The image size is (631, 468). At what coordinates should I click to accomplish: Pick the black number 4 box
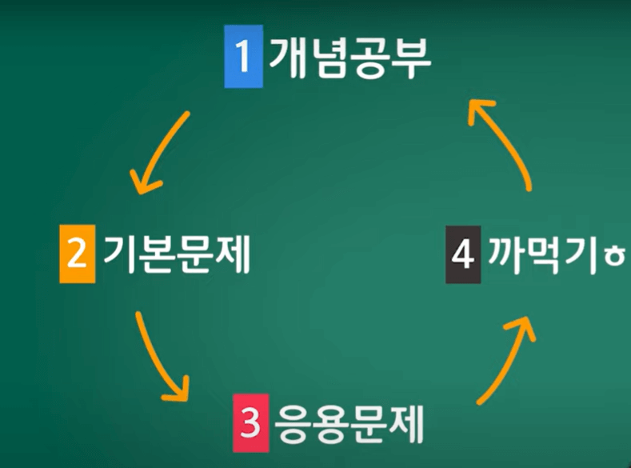tap(463, 255)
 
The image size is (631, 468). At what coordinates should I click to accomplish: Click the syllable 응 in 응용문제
tap(293, 421)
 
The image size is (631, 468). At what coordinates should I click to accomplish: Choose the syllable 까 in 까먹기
tap(502, 255)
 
